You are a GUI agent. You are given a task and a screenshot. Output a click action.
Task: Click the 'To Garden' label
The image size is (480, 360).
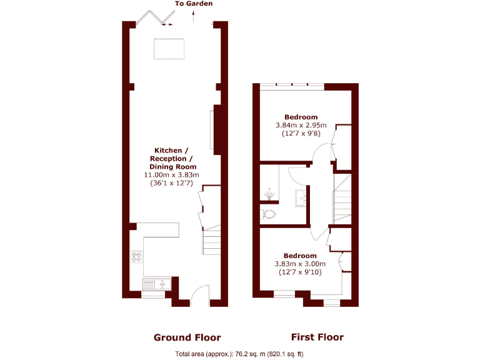coord(193,4)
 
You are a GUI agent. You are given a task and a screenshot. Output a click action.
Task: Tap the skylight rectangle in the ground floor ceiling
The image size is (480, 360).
coord(169,47)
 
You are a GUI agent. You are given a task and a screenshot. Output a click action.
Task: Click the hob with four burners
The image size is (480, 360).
coord(136,256)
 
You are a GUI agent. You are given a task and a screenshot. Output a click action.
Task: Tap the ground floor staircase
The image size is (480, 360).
coord(211,240)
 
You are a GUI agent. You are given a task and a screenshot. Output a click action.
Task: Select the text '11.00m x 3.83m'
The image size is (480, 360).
coord(171,175)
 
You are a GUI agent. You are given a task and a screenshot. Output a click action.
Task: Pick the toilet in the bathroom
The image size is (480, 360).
coord(269,214)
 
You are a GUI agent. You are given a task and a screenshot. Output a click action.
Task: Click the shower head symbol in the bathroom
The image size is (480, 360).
coord(269,194)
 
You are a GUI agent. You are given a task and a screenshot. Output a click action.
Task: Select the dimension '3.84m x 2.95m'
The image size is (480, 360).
coord(301,125)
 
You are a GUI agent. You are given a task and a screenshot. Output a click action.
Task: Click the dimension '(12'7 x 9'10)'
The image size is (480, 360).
coord(300,272)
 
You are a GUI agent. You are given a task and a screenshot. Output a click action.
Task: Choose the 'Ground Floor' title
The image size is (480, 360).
coord(187,337)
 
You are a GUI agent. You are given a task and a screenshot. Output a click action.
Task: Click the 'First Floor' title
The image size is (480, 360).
coord(317,337)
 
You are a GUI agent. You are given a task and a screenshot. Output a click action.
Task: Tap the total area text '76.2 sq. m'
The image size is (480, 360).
coord(249,354)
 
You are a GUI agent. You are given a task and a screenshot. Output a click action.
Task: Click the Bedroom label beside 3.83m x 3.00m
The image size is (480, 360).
coord(300,256)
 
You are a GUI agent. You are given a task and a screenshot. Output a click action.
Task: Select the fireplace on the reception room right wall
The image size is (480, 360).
coord(215,129)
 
